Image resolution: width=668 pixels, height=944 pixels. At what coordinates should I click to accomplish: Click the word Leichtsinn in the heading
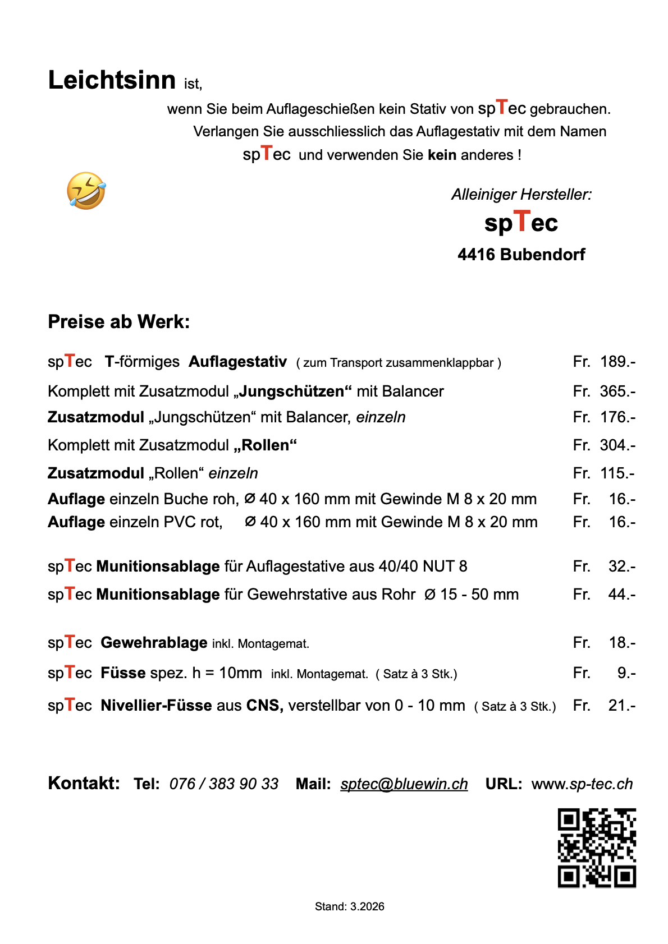pyautogui.click(x=112, y=80)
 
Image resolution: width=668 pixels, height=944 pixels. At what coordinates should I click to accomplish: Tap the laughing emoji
pyautogui.click(x=86, y=191)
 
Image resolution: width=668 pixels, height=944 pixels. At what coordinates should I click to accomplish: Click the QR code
pyautogui.click(x=597, y=848)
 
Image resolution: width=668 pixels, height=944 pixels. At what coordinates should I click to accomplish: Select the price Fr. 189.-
pyautogui.click(x=604, y=362)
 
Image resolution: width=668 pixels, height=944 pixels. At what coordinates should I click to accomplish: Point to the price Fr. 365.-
pyautogui.click(x=604, y=392)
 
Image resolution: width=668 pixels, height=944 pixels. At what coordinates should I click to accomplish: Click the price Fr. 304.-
pyautogui.click(x=604, y=445)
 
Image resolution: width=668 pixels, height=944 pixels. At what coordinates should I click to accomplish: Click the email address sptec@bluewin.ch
pyautogui.click(x=404, y=784)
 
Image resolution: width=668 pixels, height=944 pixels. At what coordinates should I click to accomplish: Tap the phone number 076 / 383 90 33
pyautogui.click(x=224, y=784)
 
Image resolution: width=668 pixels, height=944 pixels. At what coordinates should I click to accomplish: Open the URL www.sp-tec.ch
pyautogui.click(x=582, y=784)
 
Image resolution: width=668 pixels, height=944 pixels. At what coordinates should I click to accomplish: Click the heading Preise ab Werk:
pyautogui.click(x=119, y=322)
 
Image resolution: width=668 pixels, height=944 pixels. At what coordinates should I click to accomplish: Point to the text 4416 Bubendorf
pyautogui.click(x=521, y=255)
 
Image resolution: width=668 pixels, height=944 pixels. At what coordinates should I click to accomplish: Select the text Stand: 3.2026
pyautogui.click(x=349, y=906)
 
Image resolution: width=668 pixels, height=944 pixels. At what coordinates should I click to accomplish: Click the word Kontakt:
pyautogui.click(x=84, y=783)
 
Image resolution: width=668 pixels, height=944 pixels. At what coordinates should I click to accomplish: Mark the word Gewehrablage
pyautogui.click(x=154, y=643)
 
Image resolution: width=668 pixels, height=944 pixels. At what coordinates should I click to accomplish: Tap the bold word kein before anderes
pyautogui.click(x=442, y=155)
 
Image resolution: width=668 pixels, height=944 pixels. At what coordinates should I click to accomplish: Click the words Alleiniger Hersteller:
pyautogui.click(x=521, y=195)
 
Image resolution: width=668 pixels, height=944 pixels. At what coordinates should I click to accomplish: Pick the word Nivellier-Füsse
pyautogui.click(x=156, y=706)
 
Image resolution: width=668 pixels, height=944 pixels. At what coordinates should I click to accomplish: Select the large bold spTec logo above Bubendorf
pyautogui.click(x=521, y=223)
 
